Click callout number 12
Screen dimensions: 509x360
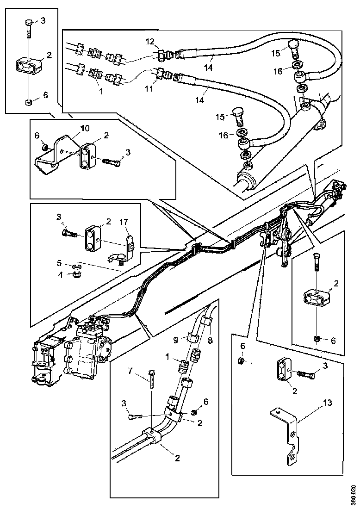(x=149, y=42)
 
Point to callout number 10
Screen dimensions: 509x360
(x=86, y=128)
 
